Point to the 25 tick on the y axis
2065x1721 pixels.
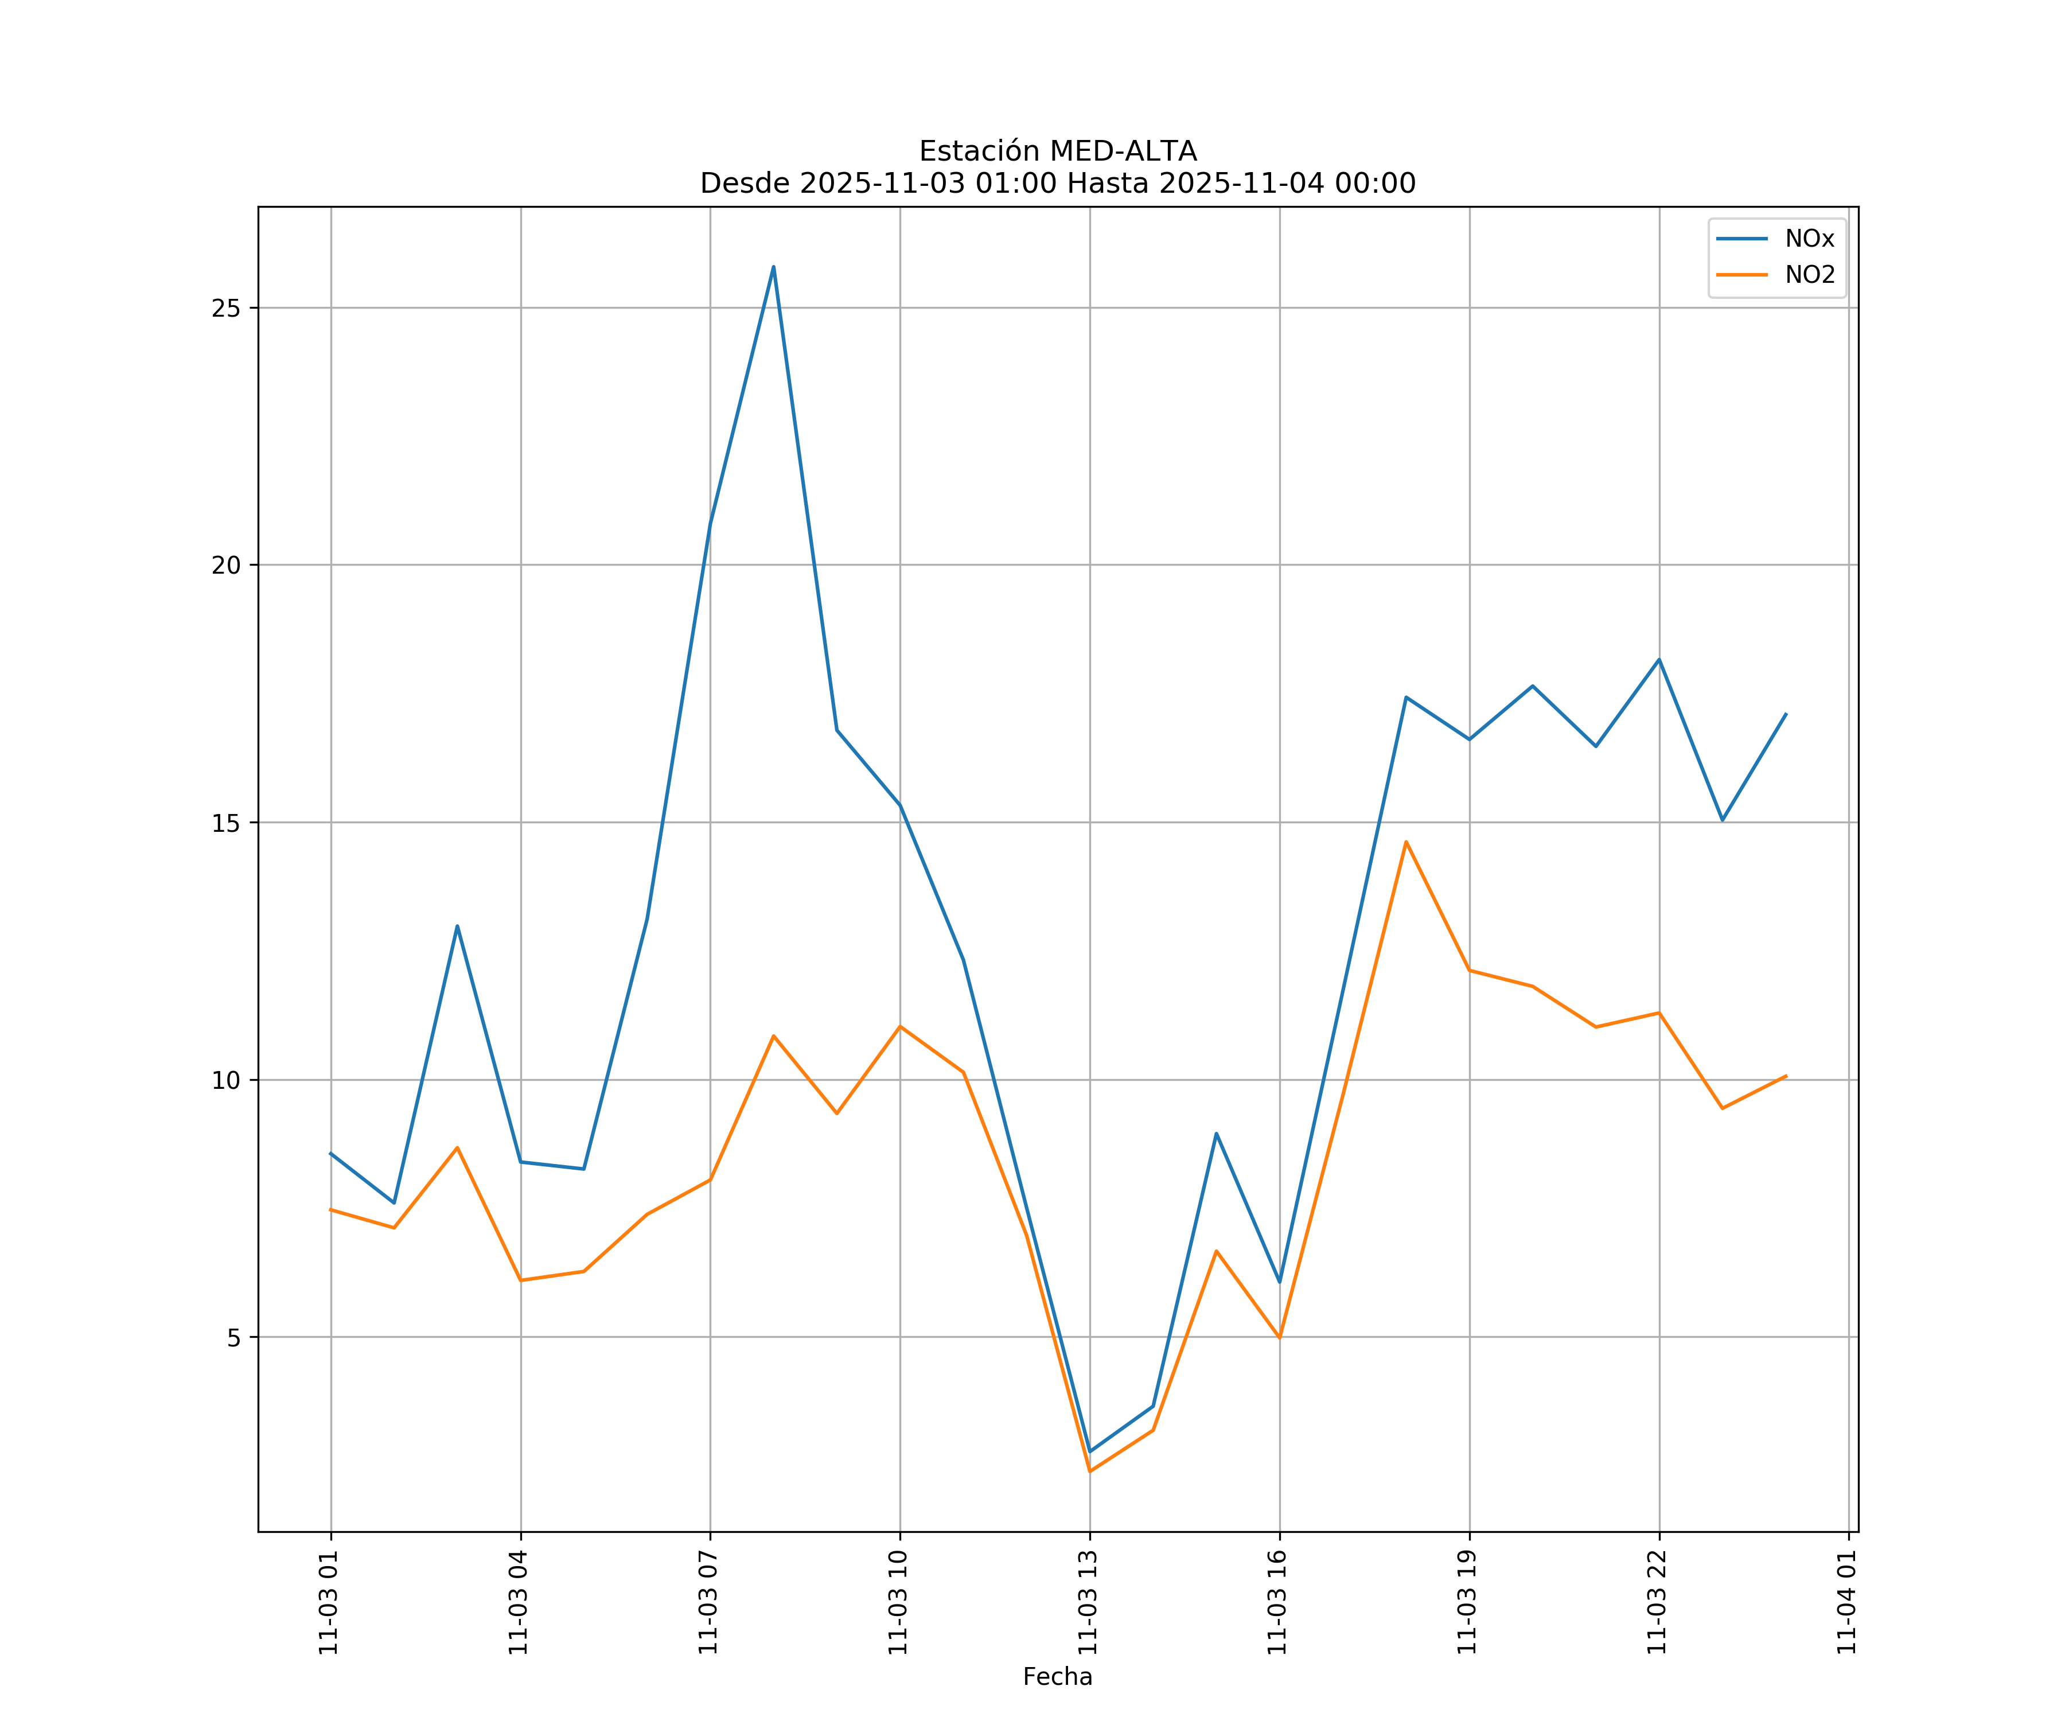(226, 308)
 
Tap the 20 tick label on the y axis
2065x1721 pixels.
(226, 566)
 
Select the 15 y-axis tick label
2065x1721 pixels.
(226, 823)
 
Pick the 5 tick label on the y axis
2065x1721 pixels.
(234, 1337)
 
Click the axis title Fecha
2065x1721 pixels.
(1057, 1677)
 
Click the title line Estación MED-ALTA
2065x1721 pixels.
(1057, 151)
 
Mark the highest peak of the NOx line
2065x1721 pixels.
(774, 267)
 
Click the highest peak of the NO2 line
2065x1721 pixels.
(1406, 842)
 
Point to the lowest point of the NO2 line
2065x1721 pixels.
(1089, 1471)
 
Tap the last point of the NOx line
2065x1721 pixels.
(1786, 714)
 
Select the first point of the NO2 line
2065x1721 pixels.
(330, 1210)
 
